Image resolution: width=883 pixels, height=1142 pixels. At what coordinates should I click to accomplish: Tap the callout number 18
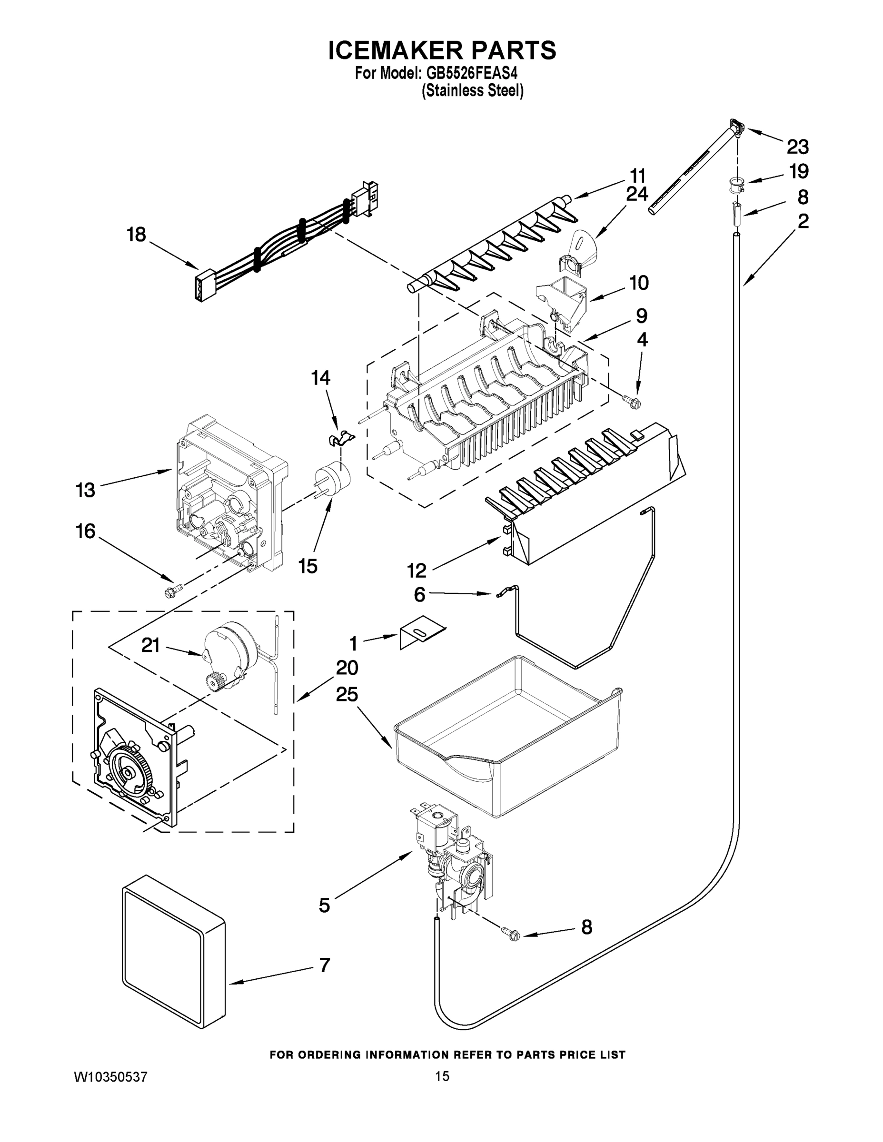(137, 235)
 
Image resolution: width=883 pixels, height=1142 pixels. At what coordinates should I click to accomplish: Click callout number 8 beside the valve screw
(586, 927)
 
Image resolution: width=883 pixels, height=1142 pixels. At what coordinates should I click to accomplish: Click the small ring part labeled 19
(735, 184)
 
